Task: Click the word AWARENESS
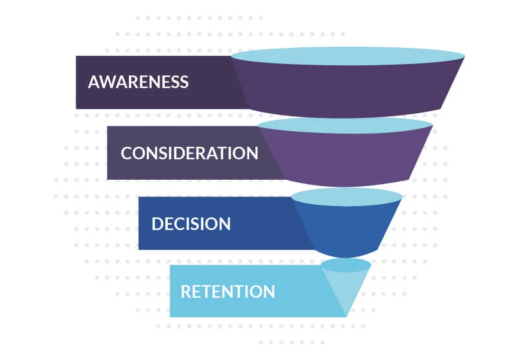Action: pyautogui.click(x=138, y=82)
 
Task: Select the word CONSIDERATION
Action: pyautogui.click(x=189, y=153)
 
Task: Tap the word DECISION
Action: pyautogui.click(x=191, y=224)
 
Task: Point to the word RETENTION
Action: pyautogui.click(x=228, y=292)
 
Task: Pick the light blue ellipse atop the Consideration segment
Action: pyautogui.click(x=345, y=125)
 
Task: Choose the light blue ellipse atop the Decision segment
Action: pyautogui.click(x=346, y=196)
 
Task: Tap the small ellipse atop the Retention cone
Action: pyautogui.click(x=346, y=265)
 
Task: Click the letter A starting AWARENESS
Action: pyautogui.click(x=94, y=82)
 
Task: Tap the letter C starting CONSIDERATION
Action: pyautogui.click(x=126, y=153)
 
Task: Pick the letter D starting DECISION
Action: pyautogui.click(x=158, y=224)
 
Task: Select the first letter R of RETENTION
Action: pyautogui.click(x=186, y=292)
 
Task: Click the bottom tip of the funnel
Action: pyautogui.click(x=346, y=314)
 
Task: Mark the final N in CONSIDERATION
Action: pyautogui.click(x=252, y=153)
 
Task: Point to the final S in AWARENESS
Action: pyautogui.click(x=183, y=82)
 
